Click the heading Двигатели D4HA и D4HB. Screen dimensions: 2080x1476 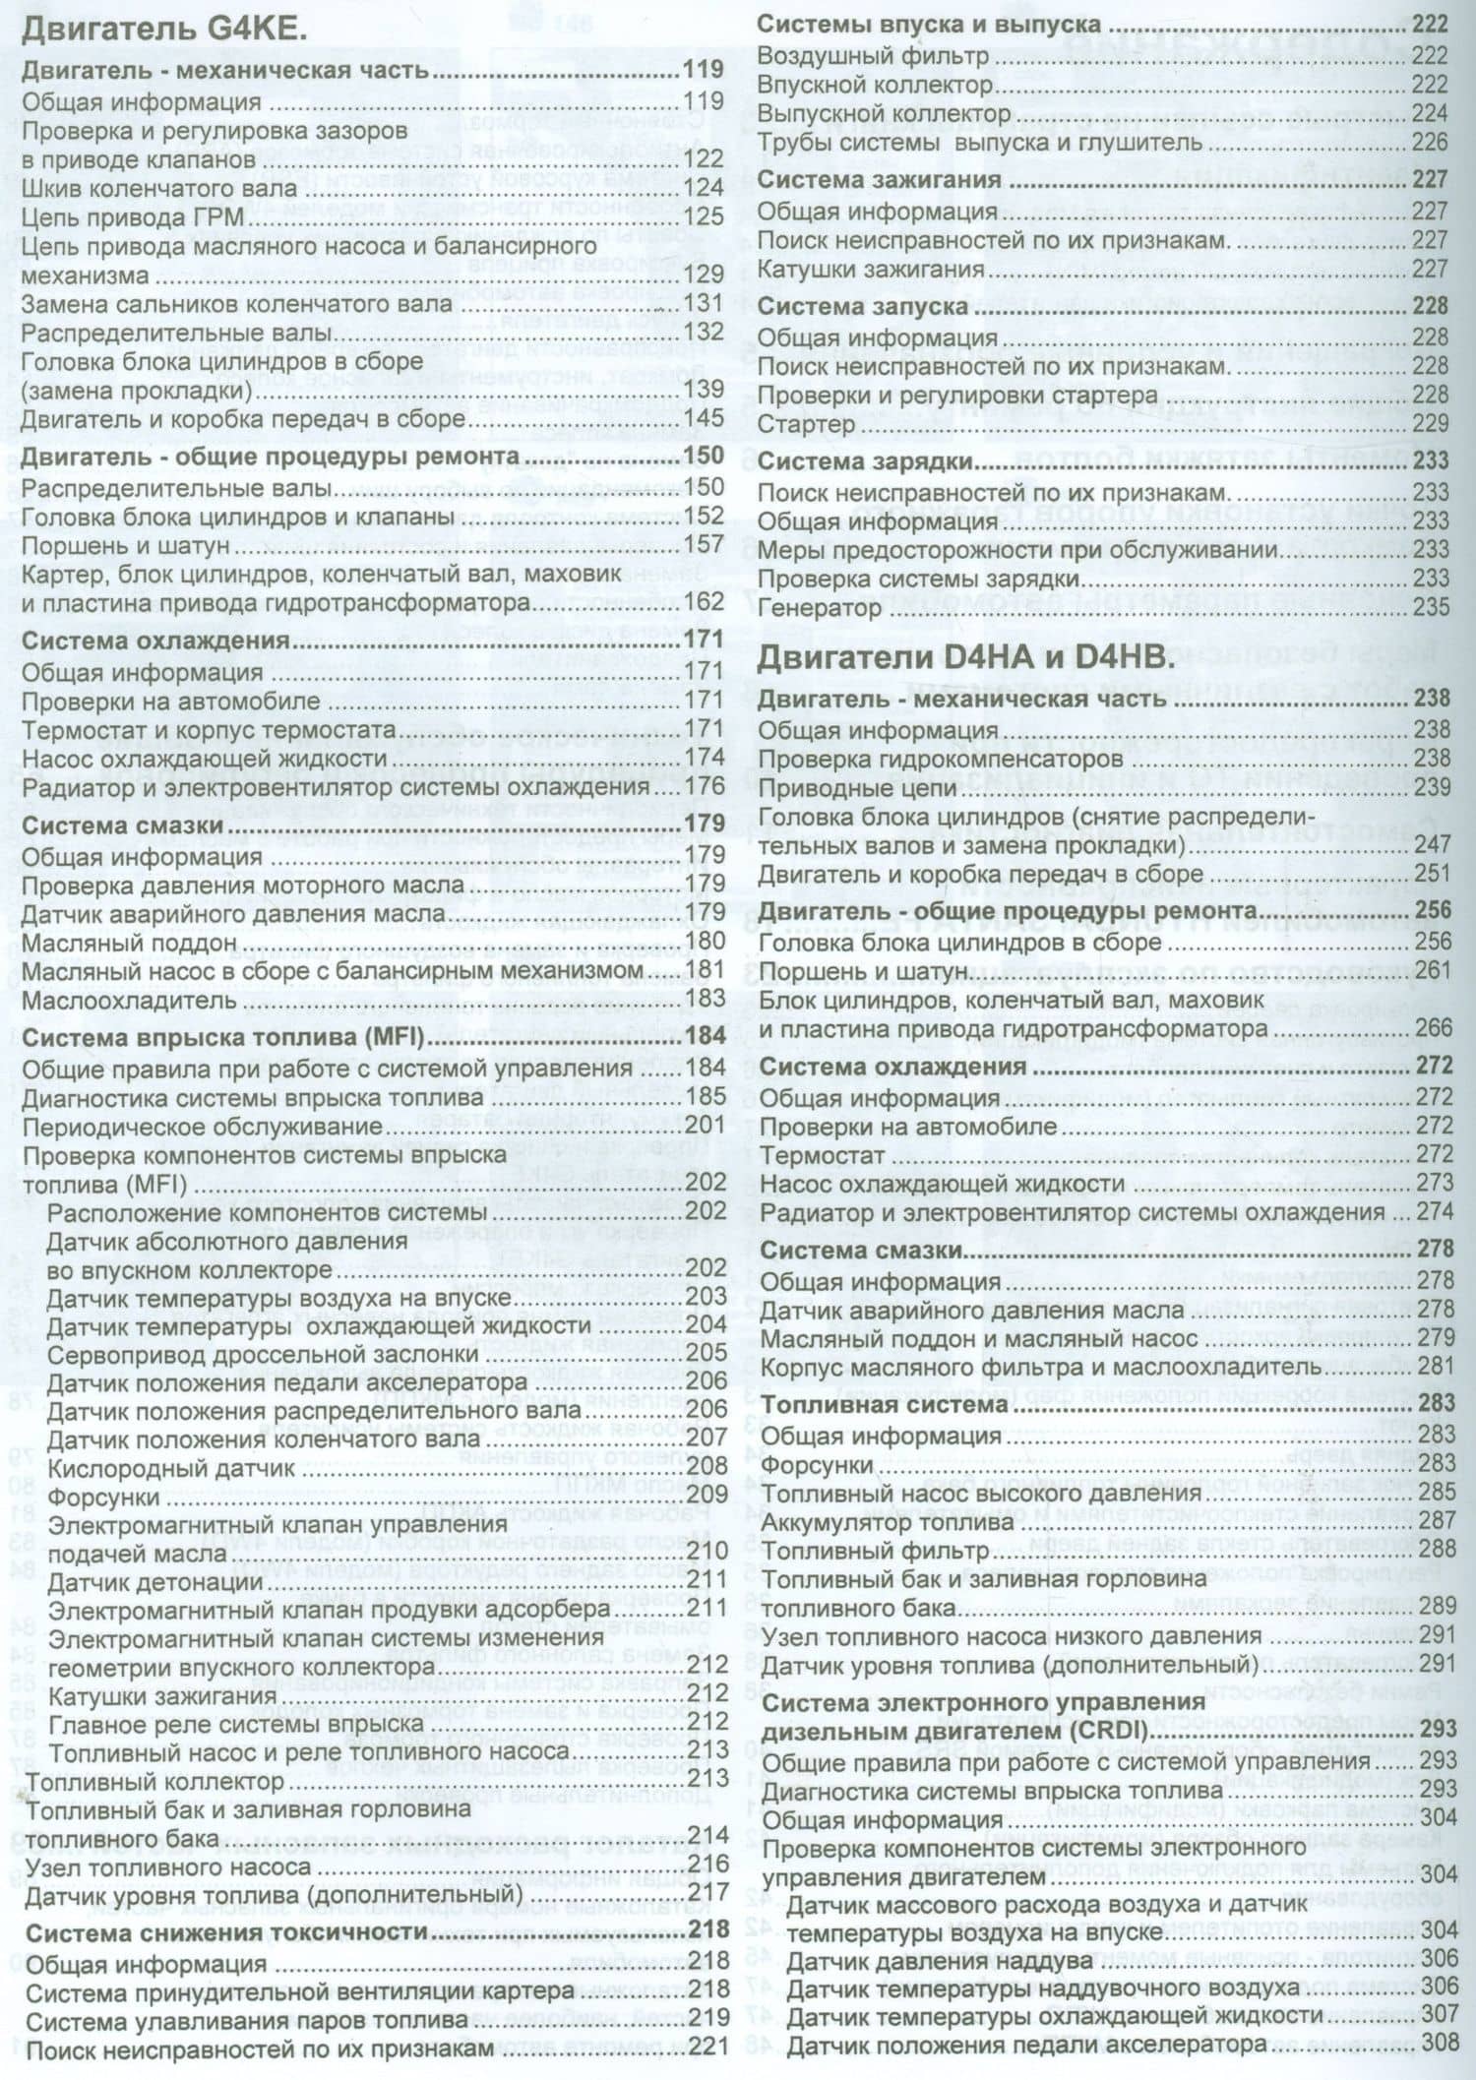(965, 657)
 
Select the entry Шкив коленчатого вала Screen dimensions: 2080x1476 (158, 188)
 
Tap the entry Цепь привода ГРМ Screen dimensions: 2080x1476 (132, 216)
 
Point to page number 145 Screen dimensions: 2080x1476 (705, 418)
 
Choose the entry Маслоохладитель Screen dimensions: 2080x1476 (129, 1000)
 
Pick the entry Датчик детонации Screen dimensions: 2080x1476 (154, 1583)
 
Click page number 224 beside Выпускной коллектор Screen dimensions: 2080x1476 (1430, 113)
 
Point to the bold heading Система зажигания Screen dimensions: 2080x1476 (879, 180)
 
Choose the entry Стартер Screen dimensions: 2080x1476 (806, 424)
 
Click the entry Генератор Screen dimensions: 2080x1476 (819, 608)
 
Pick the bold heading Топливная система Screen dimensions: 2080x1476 (885, 1405)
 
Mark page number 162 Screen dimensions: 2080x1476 (705, 601)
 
